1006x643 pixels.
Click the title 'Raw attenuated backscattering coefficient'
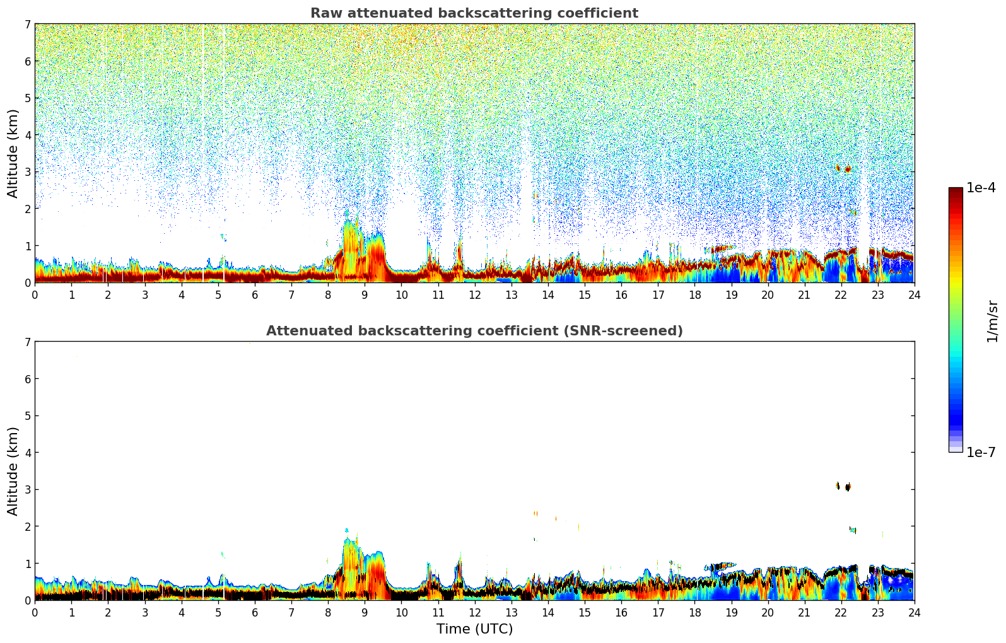tap(474, 13)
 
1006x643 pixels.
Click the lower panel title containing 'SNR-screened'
tap(474, 331)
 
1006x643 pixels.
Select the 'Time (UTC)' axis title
tap(474, 629)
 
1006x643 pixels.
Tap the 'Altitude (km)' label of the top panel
tap(13, 153)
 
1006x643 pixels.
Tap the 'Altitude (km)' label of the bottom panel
tap(13, 471)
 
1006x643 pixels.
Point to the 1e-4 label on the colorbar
tap(981, 188)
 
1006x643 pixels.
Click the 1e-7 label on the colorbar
tap(981, 452)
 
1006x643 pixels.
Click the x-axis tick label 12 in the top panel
tap(474, 294)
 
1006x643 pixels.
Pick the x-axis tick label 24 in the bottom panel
tap(914, 612)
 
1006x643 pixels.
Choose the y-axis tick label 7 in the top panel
tap(27, 24)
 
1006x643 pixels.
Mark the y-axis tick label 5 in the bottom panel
tap(27, 416)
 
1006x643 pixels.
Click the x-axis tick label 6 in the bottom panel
tap(255, 612)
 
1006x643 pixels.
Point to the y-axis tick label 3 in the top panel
tap(27, 172)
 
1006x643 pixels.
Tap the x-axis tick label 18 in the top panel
tap(694, 294)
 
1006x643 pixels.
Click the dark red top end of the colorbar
tap(956, 190)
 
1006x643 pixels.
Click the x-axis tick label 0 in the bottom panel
tap(35, 612)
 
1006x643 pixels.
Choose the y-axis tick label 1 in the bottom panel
tap(27, 564)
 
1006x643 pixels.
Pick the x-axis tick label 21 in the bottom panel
tap(804, 612)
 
